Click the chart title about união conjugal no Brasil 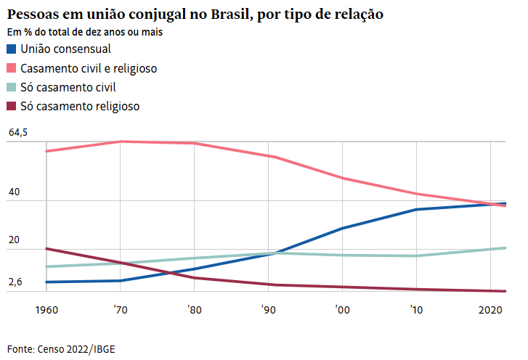(195, 14)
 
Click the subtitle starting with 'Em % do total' (85, 33)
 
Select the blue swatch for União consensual (12, 49)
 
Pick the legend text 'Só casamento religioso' (80, 106)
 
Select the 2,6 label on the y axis (15, 282)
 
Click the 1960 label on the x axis (46, 309)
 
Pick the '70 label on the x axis (120, 309)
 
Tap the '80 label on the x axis (194, 309)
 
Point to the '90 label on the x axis (268, 309)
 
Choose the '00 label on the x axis (342, 309)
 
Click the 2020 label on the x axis (492, 309)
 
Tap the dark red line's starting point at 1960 (46, 249)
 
